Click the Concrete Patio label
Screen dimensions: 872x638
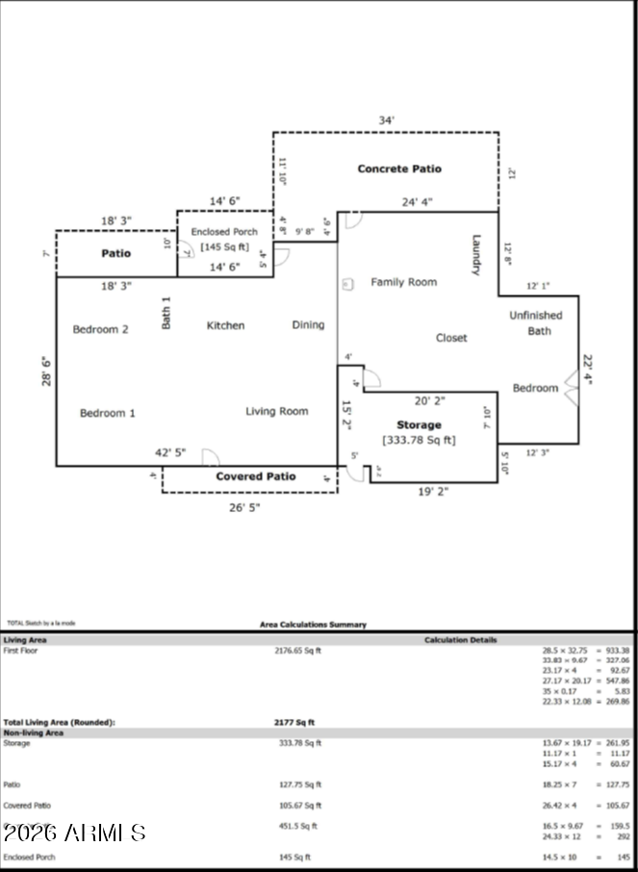click(x=399, y=168)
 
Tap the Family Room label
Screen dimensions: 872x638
click(x=403, y=282)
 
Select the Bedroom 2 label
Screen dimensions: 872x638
click(x=101, y=329)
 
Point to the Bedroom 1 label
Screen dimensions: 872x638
click(x=107, y=413)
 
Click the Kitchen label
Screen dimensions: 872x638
click(x=225, y=325)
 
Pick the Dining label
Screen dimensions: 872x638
click(x=308, y=325)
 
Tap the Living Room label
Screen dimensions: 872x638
click(x=277, y=411)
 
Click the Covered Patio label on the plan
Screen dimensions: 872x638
click(x=255, y=476)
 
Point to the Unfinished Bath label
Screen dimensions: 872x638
click(x=536, y=322)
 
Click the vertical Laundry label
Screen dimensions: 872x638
click(x=475, y=255)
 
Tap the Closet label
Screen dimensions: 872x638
click(x=451, y=338)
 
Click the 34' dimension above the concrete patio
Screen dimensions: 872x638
click(x=386, y=120)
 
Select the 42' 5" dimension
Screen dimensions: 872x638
click(x=170, y=452)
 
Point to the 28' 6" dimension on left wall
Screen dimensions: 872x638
click(x=44, y=372)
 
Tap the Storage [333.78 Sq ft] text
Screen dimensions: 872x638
click(x=419, y=432)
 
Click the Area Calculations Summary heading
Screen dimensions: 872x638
click(x=313, y=625)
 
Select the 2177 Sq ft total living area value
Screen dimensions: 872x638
click(x=294, y=722)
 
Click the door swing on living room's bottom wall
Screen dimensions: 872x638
click(x=211, y=458)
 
